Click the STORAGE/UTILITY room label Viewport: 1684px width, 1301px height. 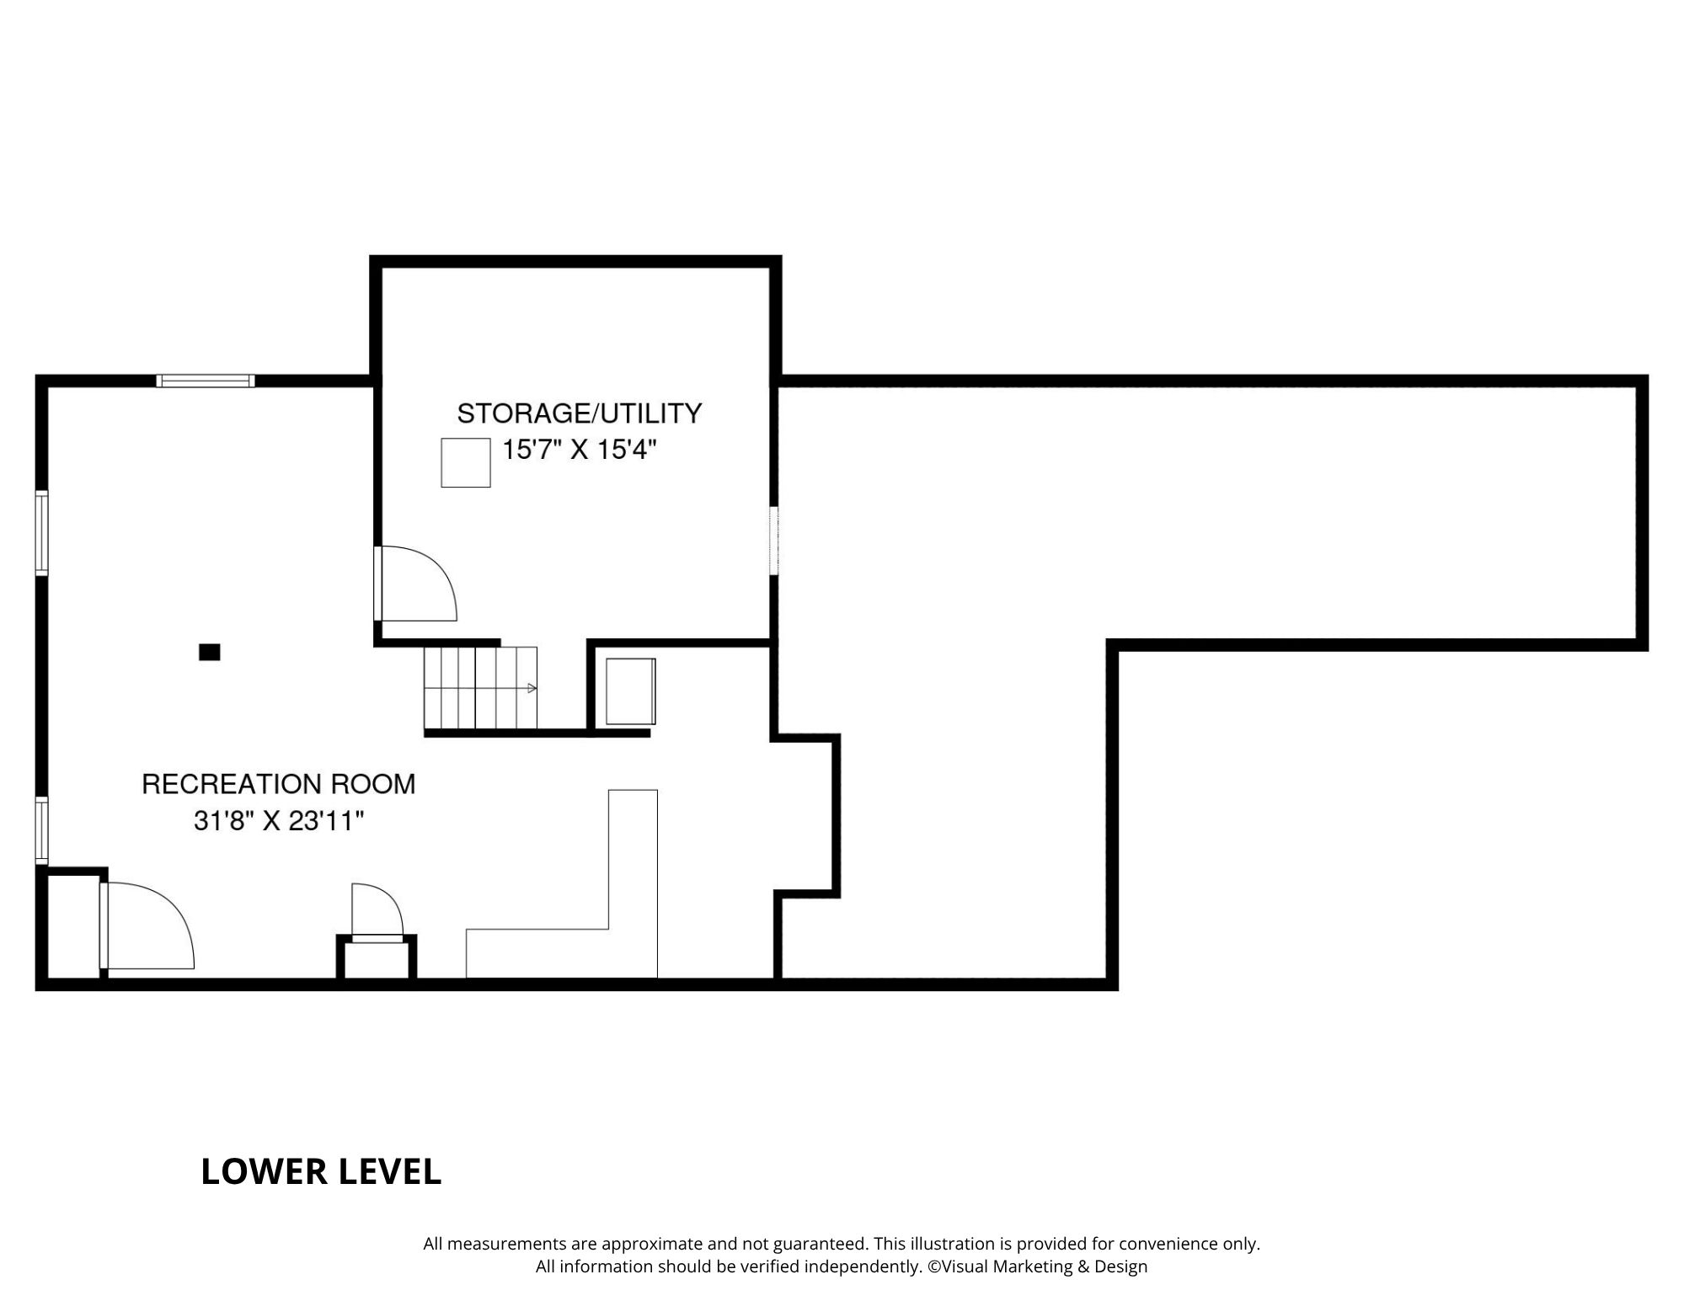(579, 413)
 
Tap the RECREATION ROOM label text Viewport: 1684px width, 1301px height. (278, 784)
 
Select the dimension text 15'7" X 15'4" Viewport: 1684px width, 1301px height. (579, 450)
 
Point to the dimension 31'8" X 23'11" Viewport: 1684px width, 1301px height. (278, 820)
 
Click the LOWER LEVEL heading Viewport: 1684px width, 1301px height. (321, 1171)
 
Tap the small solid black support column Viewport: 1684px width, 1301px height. (209, 652)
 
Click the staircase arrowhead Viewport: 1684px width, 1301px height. (532, 689)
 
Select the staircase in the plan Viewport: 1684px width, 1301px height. (480, 687)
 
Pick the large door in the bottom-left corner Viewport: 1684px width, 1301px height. (147, 925)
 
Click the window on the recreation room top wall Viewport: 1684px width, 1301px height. (206, 381)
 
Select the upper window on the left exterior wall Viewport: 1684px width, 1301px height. (41, 533)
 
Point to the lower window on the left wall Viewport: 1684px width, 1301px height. (41, 831)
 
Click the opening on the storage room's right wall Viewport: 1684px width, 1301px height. (774, 540)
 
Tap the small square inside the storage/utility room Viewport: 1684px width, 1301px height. (466, 462)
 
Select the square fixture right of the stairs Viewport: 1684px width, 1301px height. (631, 691)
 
